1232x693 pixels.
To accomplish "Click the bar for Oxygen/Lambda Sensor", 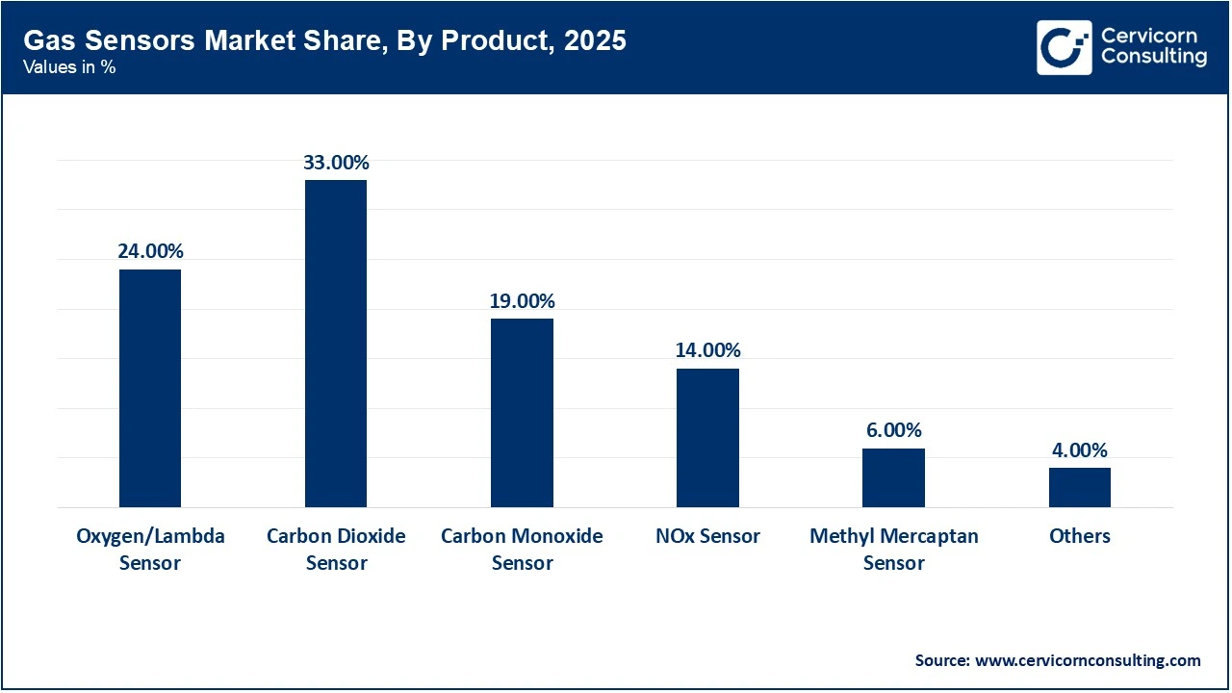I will click(150, 388).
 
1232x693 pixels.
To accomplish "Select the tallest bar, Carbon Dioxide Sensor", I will click(336, 344).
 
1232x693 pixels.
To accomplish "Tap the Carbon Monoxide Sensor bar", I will click(522, 413).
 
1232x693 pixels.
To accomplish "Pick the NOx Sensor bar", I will click(707, 438).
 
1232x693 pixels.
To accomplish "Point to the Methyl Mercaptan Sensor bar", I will click(893, 477).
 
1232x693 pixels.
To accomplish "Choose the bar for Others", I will click(1079, 487).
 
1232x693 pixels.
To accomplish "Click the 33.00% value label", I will click(336, 163).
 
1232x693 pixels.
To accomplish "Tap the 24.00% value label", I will click(150, 251).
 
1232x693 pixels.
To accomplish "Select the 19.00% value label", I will click(522, 301).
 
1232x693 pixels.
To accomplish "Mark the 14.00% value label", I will click(707, 350).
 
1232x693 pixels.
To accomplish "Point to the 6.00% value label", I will click(893, 430).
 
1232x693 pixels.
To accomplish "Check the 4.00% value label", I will click(1079, 449).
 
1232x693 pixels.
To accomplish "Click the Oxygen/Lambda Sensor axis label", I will click(150, 549).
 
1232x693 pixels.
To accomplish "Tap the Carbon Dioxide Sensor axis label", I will click(336, 549).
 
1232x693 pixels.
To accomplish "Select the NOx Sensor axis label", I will click(707, 536).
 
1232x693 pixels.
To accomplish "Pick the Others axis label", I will click(1079, 536).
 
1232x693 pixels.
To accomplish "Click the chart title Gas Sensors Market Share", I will click(324, 40).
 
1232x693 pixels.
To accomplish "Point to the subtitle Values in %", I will click(69, 68).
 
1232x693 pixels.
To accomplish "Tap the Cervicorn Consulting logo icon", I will click(1064, 47).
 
